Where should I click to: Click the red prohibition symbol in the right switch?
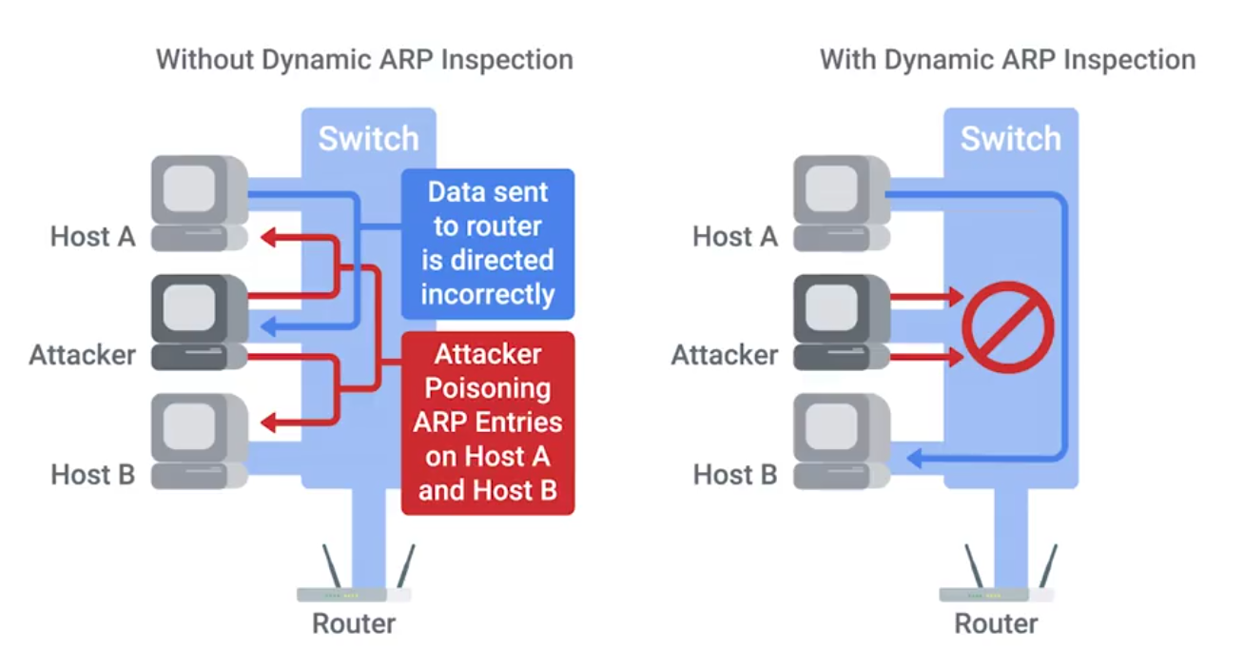point(1008,327)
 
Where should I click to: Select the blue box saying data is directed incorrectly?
point(488,244)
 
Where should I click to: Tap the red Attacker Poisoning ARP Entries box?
point(488,422)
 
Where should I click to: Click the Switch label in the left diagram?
point(368,139)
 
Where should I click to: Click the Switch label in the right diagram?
point(1010,139)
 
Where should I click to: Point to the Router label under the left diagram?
point(354,624)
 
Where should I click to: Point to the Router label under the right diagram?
point(996,624)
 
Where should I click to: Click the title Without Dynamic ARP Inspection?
point(364,60)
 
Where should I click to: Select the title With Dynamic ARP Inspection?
point(1007,60)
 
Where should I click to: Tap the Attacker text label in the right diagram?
point(724,355)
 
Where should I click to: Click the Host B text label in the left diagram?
point(93,474)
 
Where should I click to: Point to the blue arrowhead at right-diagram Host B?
point(915,459)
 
